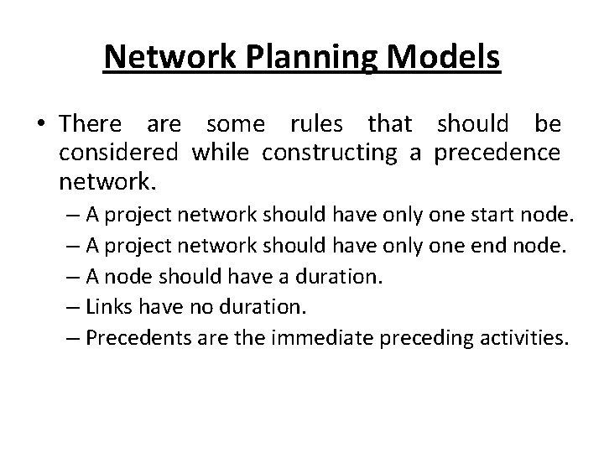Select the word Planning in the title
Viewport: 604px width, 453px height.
(x=284, y=59)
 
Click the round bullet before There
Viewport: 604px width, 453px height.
(x=42, y=126)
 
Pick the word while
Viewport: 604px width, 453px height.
(x=219, y=152)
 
